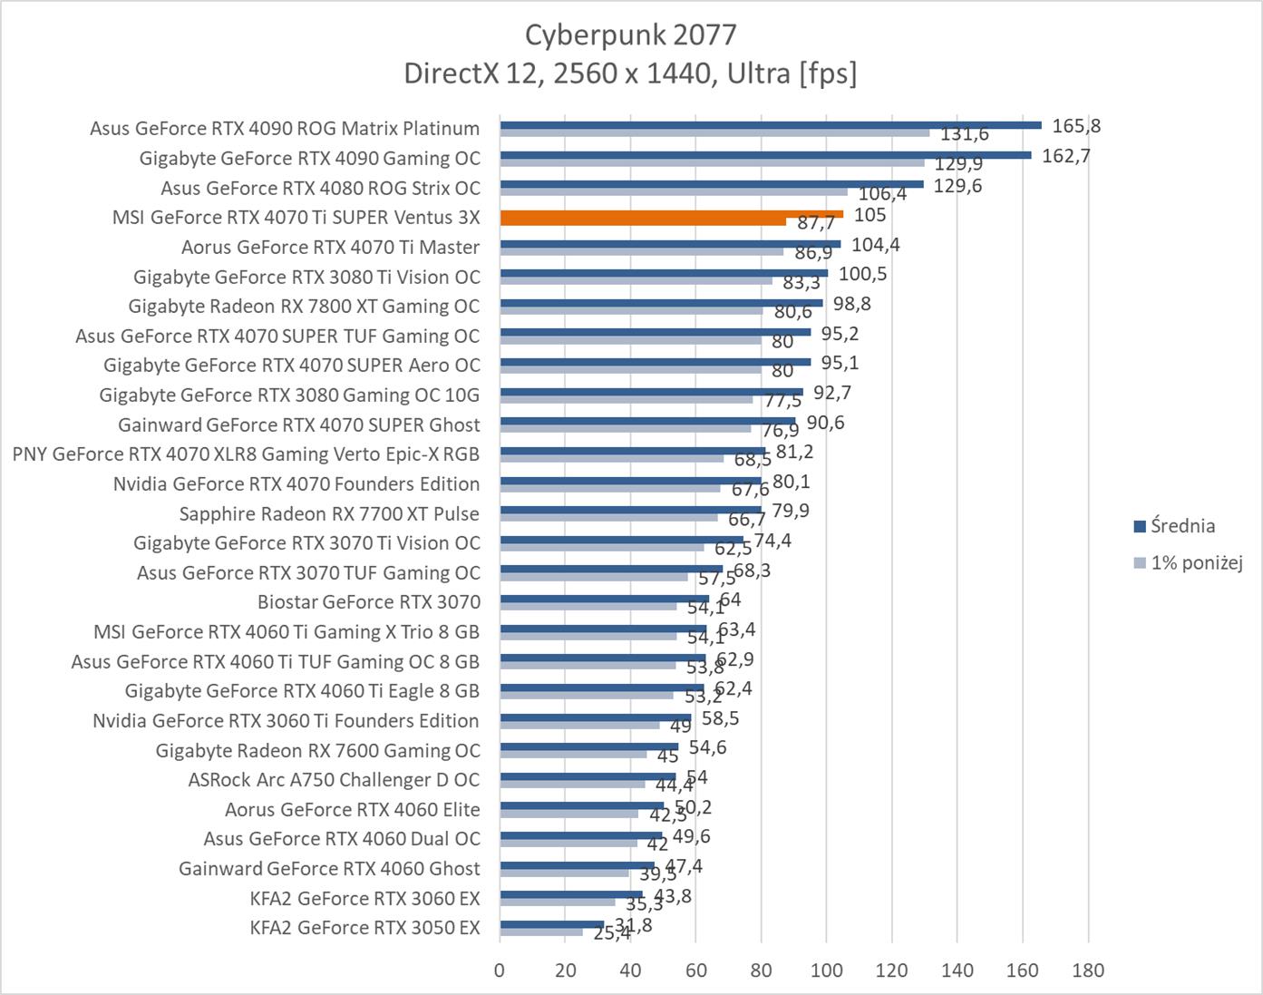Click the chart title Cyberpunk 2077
[x=630, y=34]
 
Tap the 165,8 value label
[x=1076, y=126]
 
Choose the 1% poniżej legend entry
[x=1196, y=562]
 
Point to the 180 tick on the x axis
[x=1088, y=970]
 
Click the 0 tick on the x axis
[x=500, y=970]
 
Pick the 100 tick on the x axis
[x=826, y=970]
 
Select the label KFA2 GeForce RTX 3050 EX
[x=364, y=928]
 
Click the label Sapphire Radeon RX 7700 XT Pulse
[x=329, y=514]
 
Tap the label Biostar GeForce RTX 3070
[x=369, y=602]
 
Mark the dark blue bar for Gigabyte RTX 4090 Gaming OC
[x=764, y=154]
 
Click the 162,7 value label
[x=1066, y=156]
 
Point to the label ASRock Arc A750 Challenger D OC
[x=334, y=780]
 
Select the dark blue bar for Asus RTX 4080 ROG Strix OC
[x=711, y=184]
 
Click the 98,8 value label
[x=851, y=304]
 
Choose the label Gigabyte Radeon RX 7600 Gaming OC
[x=317, y=751]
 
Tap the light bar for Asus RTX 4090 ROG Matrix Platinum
[x=714, y=132]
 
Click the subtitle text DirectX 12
[x=472, y=73]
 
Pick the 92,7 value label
[x=831, y=393]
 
